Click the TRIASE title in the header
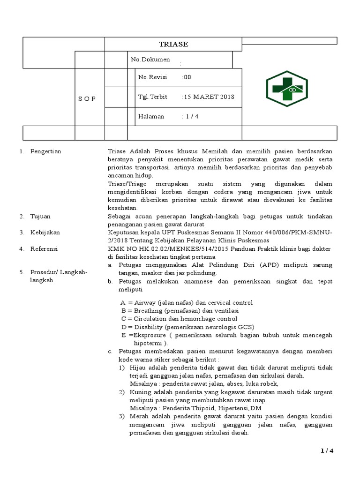click(173, 44)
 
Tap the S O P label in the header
click(87, 99)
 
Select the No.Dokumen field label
click(150, 60)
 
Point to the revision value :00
click(187, 77)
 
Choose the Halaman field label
click(151, 117)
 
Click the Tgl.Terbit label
click(153, 97)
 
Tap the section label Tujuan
click(40, 216)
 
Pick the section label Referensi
click(44, 249)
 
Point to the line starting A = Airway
click(186, 303)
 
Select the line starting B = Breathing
click(180, 311)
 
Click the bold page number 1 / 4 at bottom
click(327, 451)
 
